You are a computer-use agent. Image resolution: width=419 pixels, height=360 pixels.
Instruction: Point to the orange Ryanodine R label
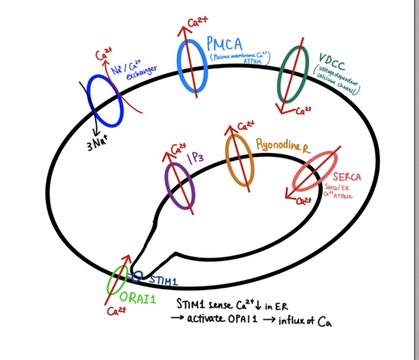coord(282,145)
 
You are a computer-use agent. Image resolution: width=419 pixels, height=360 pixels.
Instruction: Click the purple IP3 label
coord(196,158)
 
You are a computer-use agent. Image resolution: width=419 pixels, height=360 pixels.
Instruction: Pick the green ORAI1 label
coord(139,297)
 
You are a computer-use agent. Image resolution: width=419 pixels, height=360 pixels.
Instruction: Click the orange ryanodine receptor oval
coord(240,159)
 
